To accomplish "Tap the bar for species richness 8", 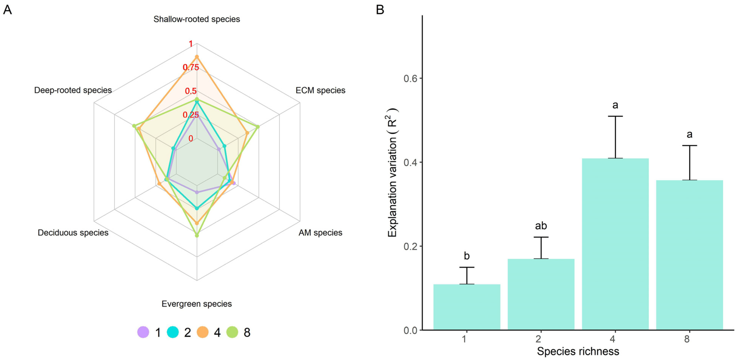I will tap(689, 255).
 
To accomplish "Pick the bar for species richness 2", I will tap(541, 294).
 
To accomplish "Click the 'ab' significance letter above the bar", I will tap(541, 226).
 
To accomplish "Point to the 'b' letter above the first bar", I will tap(467, 256).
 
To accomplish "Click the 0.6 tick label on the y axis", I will tap(410, 78).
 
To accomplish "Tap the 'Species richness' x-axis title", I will tap(578, 351).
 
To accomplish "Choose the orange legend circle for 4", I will tap(203, 332).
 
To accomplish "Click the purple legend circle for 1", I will tap(143, 332).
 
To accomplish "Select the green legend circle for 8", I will tap(232, 332).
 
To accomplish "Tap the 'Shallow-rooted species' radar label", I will tap(197, 19).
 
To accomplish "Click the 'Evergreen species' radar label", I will tap(197, 304).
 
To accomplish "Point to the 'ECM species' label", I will tap(320, 90).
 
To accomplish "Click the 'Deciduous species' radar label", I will tap(73, 233).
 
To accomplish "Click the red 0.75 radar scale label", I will tap(191, 67).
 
